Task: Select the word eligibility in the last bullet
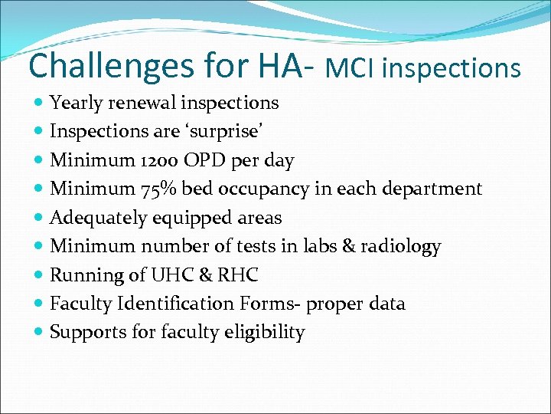point(266,333)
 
